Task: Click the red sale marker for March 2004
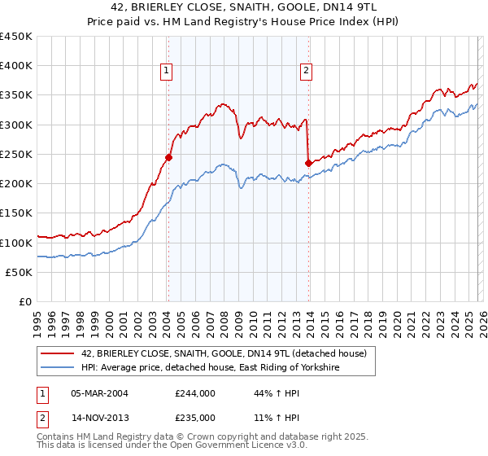pos(168,158)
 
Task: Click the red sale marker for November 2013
pos(308,163)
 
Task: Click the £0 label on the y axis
pos(24,301)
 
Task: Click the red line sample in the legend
pos(58,354)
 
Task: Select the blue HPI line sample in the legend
pos(58,368)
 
